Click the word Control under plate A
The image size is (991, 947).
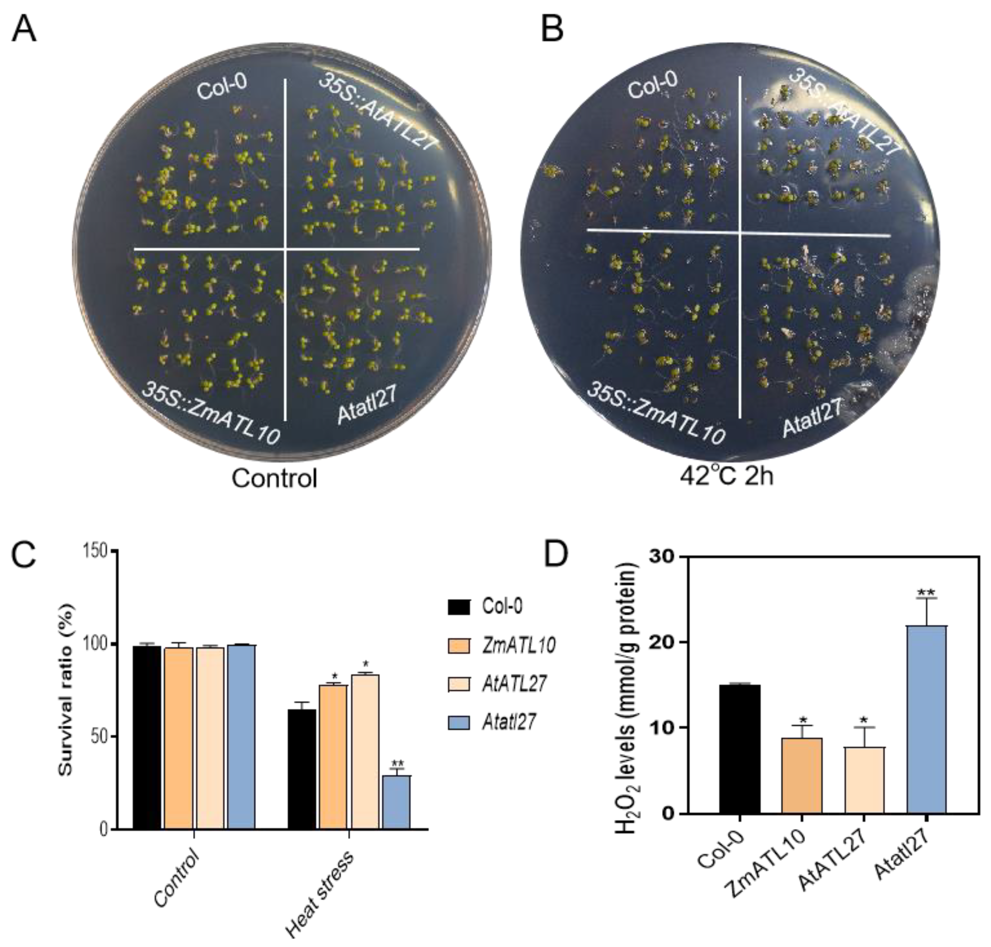pyautogui.click(x=274, y=477)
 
